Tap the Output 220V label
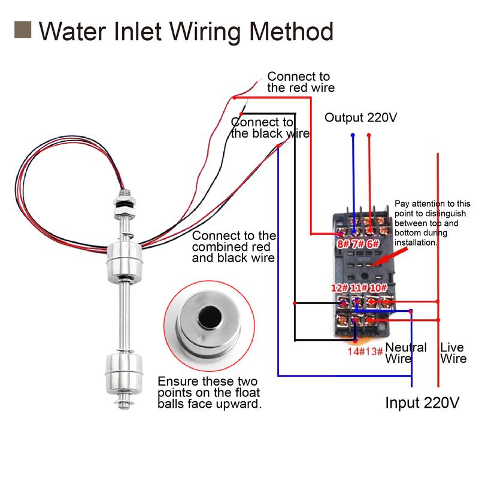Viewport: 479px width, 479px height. pyautogui.click(x=361, y=117)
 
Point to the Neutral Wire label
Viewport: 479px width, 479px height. pyautogui.click(x=406, y=353)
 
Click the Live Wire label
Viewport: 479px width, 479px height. pyautogui.click(x=453, y=353)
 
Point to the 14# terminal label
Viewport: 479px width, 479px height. pyautogui.click(x=355, y=351)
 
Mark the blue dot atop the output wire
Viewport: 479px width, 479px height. pyautogui.click(x=353, y=135)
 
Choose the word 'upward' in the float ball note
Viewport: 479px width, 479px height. pyautogui.click(x=239, y=404)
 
